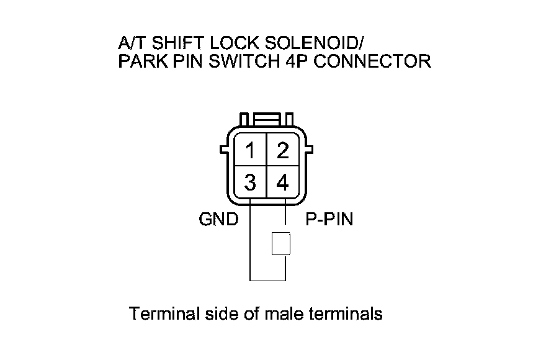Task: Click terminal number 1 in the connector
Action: tap(251, 151)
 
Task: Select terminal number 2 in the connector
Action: tap(283, 151)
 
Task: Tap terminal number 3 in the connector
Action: tap(251, 183)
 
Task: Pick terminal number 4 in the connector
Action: tap(283, 183)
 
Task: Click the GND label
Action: tap(218, 220)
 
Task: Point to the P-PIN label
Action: tap(329, 220)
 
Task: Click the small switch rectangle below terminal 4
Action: tap(281, 244)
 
